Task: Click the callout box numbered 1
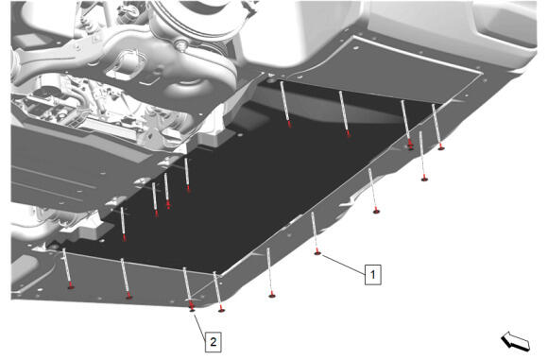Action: pyautogui.click(x=372, y=274)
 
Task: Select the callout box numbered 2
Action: pyautogui.click(x=214, y=341)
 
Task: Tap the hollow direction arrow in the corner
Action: pyautogui.click(x=516, y=341)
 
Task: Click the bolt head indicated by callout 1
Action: pyautogui.click(x=317, y=252)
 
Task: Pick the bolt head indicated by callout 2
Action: pyautogui.click(x=192, y=309)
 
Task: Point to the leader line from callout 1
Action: pyautogui.click(x=343, y=265)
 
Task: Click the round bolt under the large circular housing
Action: pyautogui.click(x=180, y=44)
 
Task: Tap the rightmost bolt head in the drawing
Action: pyautogui.click(x=441, y=147)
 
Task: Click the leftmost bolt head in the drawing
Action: pyautogui.click(x=71, y=286)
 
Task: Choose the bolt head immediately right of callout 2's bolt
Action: pyautogui.click(x=221, y=309)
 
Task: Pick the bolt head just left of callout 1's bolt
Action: pyautogui.click(x=272, y=296)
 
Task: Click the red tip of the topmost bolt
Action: pyautogui.click(x=289, y=125)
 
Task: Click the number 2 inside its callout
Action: pyautogui.click(x=214, y=341)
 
